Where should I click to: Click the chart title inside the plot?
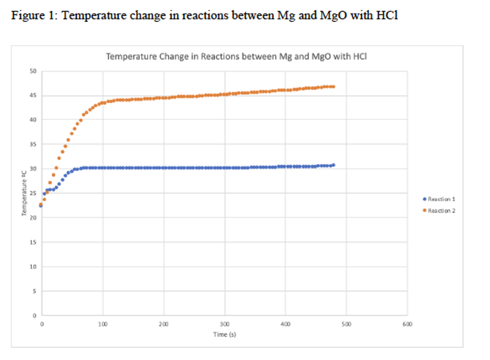(x=236, y=56)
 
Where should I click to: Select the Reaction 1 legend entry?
(x=441, y=199)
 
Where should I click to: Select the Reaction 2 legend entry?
(x=441, y=211)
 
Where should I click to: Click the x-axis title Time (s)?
(x=224, y=334)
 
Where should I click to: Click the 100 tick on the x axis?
(x=103, y=324)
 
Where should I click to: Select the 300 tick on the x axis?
(x=224, y=324)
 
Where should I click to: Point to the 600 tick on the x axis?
(x=407, y=324)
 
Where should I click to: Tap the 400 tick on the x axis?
(x=285, y=324)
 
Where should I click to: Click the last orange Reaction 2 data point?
(x=333, y=87)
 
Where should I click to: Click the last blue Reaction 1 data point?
(x=333, y=165)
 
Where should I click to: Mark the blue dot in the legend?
(x=424, y=199)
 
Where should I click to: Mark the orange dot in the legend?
(x=424, y=211)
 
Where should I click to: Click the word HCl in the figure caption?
(x=387, y=15)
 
